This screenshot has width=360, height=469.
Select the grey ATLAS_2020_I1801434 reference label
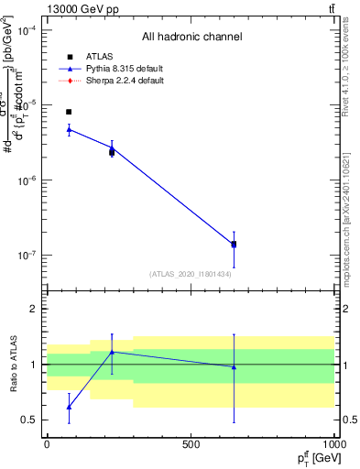pyautogui.click(x=191, y=274)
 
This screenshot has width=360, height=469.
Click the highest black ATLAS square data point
pyautogui.click(x=69, y=112)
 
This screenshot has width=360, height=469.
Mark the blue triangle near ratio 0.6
pyautogui.click(x=69, y=407)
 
